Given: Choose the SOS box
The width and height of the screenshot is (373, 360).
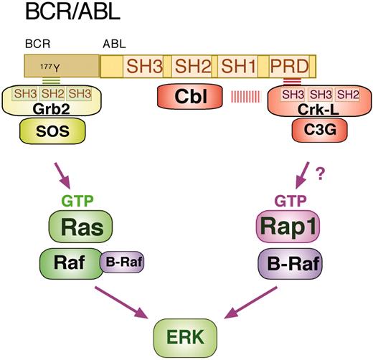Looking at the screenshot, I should (x=52, y=135).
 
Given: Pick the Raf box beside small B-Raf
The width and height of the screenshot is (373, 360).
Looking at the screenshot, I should (x=69, y=264).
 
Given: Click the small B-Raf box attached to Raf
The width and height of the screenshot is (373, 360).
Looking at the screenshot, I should (x=123, y=263).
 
